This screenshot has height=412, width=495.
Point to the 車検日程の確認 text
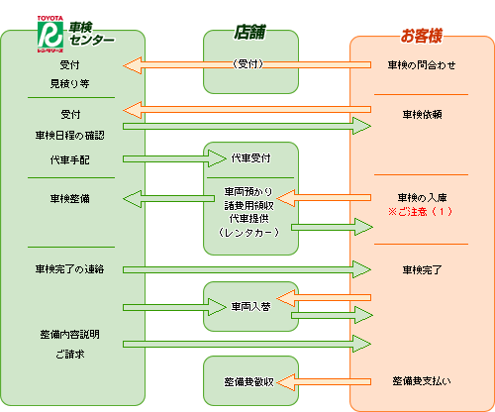coord(69,135)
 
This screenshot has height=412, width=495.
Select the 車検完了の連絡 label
coord(69,268)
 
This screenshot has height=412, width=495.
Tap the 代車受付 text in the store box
coord(251,157)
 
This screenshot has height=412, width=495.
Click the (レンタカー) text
coord(251,232)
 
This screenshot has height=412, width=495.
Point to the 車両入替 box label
coord(251,306)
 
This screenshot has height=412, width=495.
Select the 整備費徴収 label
coord(251,380)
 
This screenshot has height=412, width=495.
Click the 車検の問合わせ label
coord(422,65)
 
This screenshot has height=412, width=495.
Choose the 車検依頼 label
coord(422,114)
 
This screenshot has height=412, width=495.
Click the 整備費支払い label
coord(422,380)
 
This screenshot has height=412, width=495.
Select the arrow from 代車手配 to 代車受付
coord(162,158)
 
